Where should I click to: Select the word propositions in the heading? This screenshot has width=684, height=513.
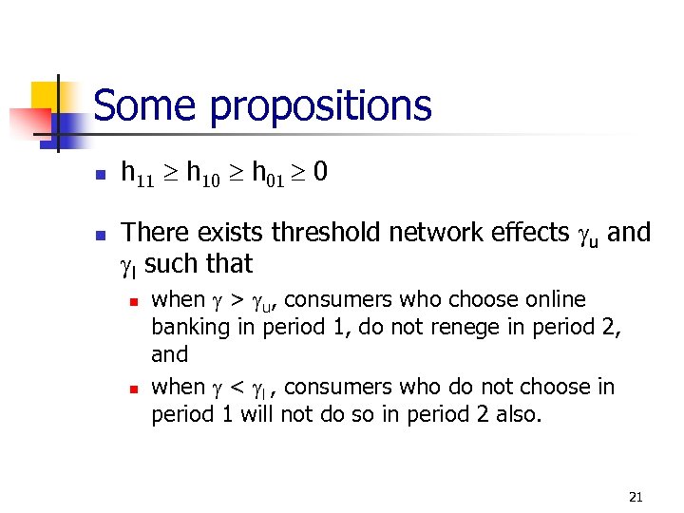click(x=321, y=107)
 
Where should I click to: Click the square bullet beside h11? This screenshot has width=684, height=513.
click(x=98, y=174)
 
